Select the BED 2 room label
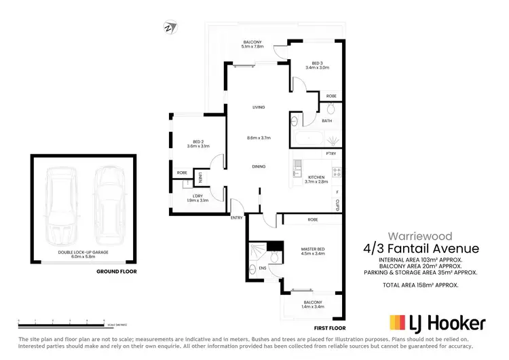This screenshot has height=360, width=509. click(x=198, y=143)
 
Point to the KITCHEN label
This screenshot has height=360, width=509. click(x=316, y=178)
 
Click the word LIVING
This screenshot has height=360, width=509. click(x=259, y=107)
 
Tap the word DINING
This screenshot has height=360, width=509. click(x=259, y=166)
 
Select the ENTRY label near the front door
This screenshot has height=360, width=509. click(x=236, y=217)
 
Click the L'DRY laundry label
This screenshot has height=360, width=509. click(x=197, y=196)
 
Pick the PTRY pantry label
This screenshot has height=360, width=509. click(x=331, y=154)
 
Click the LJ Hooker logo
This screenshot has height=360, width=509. click(x=436, y=322)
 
